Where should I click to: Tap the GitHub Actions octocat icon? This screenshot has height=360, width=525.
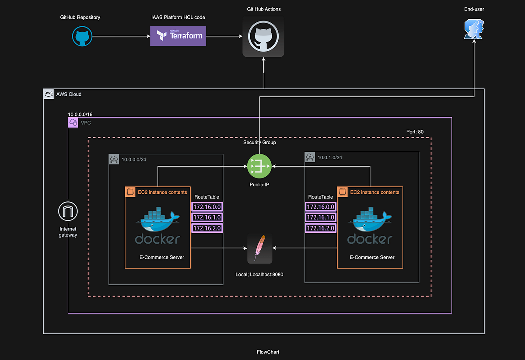coord(263,37)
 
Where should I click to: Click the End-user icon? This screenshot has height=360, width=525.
coord(474,29)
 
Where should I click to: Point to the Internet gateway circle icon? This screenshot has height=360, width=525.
coord(68,212)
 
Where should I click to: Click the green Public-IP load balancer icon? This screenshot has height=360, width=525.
coord(259,166)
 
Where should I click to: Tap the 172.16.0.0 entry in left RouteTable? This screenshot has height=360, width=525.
coord(207,207)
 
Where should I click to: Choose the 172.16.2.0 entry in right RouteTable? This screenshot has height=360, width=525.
coord(320,228)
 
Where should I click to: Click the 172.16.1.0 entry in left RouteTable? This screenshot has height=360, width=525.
coord(207,217)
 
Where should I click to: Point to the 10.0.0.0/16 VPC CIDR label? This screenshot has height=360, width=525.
coord(80,114)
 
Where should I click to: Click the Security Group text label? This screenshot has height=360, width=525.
coord(259,143)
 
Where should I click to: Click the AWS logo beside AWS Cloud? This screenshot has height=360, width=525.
coord(49,94)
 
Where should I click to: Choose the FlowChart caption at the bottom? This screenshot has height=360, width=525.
coord(268,352)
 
